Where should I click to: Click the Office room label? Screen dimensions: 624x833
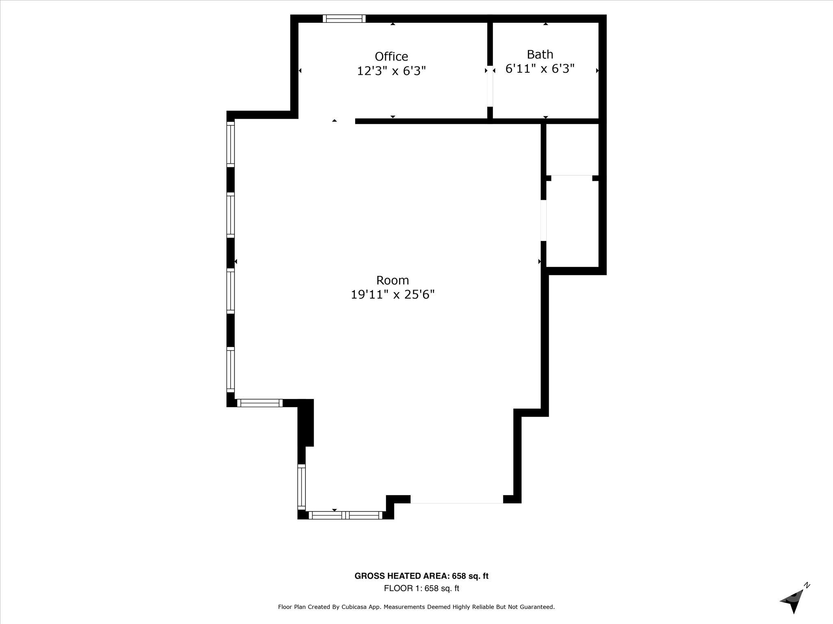coord(391,56)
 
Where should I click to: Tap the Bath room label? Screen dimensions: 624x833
coord(540,54)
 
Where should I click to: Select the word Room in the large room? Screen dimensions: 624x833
coord(393,280)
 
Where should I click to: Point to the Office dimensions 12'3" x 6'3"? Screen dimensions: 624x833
coord(391,71)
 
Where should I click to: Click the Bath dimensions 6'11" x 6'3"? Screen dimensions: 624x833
coord(540,69)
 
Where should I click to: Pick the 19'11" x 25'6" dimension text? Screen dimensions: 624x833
coord(393,295)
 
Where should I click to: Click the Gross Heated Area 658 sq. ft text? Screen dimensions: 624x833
coord(421,576)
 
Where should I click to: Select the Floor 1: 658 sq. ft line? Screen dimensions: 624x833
coord(421,588)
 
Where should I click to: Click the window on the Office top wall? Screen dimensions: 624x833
coord(344,19)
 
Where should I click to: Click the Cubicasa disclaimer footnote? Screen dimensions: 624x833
coord(416,607)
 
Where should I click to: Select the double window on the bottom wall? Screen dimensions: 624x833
coord(345,515)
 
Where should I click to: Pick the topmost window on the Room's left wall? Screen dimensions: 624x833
coord(231,144)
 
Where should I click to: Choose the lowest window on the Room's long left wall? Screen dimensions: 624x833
coord(231,370)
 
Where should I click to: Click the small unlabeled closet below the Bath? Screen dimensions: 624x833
coord(572,149)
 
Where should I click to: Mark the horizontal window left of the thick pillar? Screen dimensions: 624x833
coord(259,403)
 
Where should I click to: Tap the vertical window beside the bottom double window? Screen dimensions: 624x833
coord(301,487)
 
